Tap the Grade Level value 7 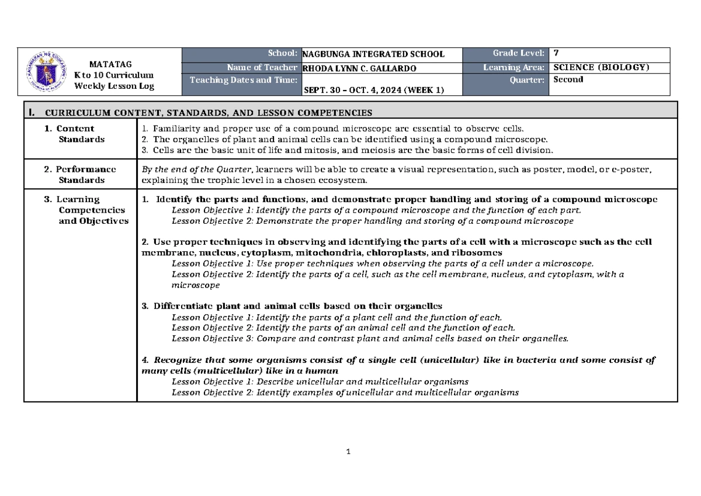pyautogui.click(x=556, y=53)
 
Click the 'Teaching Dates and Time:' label pyautogui.click(x=242, y=80)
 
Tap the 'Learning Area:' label pyautogui.click(x=514, y=68)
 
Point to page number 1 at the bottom pyautogui.click(x=348, y=451)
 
